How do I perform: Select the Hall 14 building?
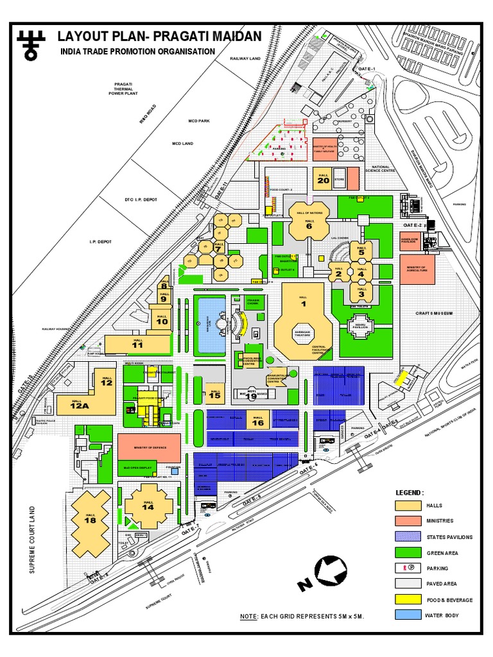click(x=148, y=506)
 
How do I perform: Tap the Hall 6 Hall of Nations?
click(x=309, y=222)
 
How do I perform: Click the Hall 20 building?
click(x=322, y=179)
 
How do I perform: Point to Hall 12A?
click(x=78, y=405)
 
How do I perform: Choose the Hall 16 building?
click(x=257, y=420)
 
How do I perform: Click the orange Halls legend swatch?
click(x=406, y=506)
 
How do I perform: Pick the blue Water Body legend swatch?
click(x=406, y=615)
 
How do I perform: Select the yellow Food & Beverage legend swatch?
click(x=406, y=600)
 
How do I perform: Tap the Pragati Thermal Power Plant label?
click(x=123, y=88)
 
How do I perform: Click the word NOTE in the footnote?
click(x=248, y=616)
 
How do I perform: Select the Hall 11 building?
click(x=136, y=343)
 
